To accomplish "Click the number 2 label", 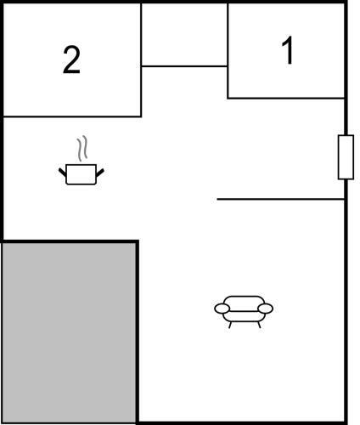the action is click(71, 60).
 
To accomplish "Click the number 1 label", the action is click(288, 50).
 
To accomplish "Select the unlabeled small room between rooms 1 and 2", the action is click(184, 35).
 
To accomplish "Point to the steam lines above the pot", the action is click(82, 148).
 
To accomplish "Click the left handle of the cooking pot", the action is click(62, 172).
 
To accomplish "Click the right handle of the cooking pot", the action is click(100, 173).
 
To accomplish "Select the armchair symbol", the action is click(244, 312).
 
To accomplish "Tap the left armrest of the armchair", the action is click(222, 309).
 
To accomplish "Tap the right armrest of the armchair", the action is click(266, 309).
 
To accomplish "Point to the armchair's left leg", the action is click(230, 325).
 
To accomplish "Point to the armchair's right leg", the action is click(259, 325).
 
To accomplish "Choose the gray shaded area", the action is click(69, 332).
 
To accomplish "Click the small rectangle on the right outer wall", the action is click(346, 157).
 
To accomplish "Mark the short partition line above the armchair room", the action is click(280, 200).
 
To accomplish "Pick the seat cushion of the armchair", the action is click(244, 316).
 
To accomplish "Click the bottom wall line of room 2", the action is click(72, 116).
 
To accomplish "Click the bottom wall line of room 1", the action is click(286, 99).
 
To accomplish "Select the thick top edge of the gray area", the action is click(70, 241).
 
